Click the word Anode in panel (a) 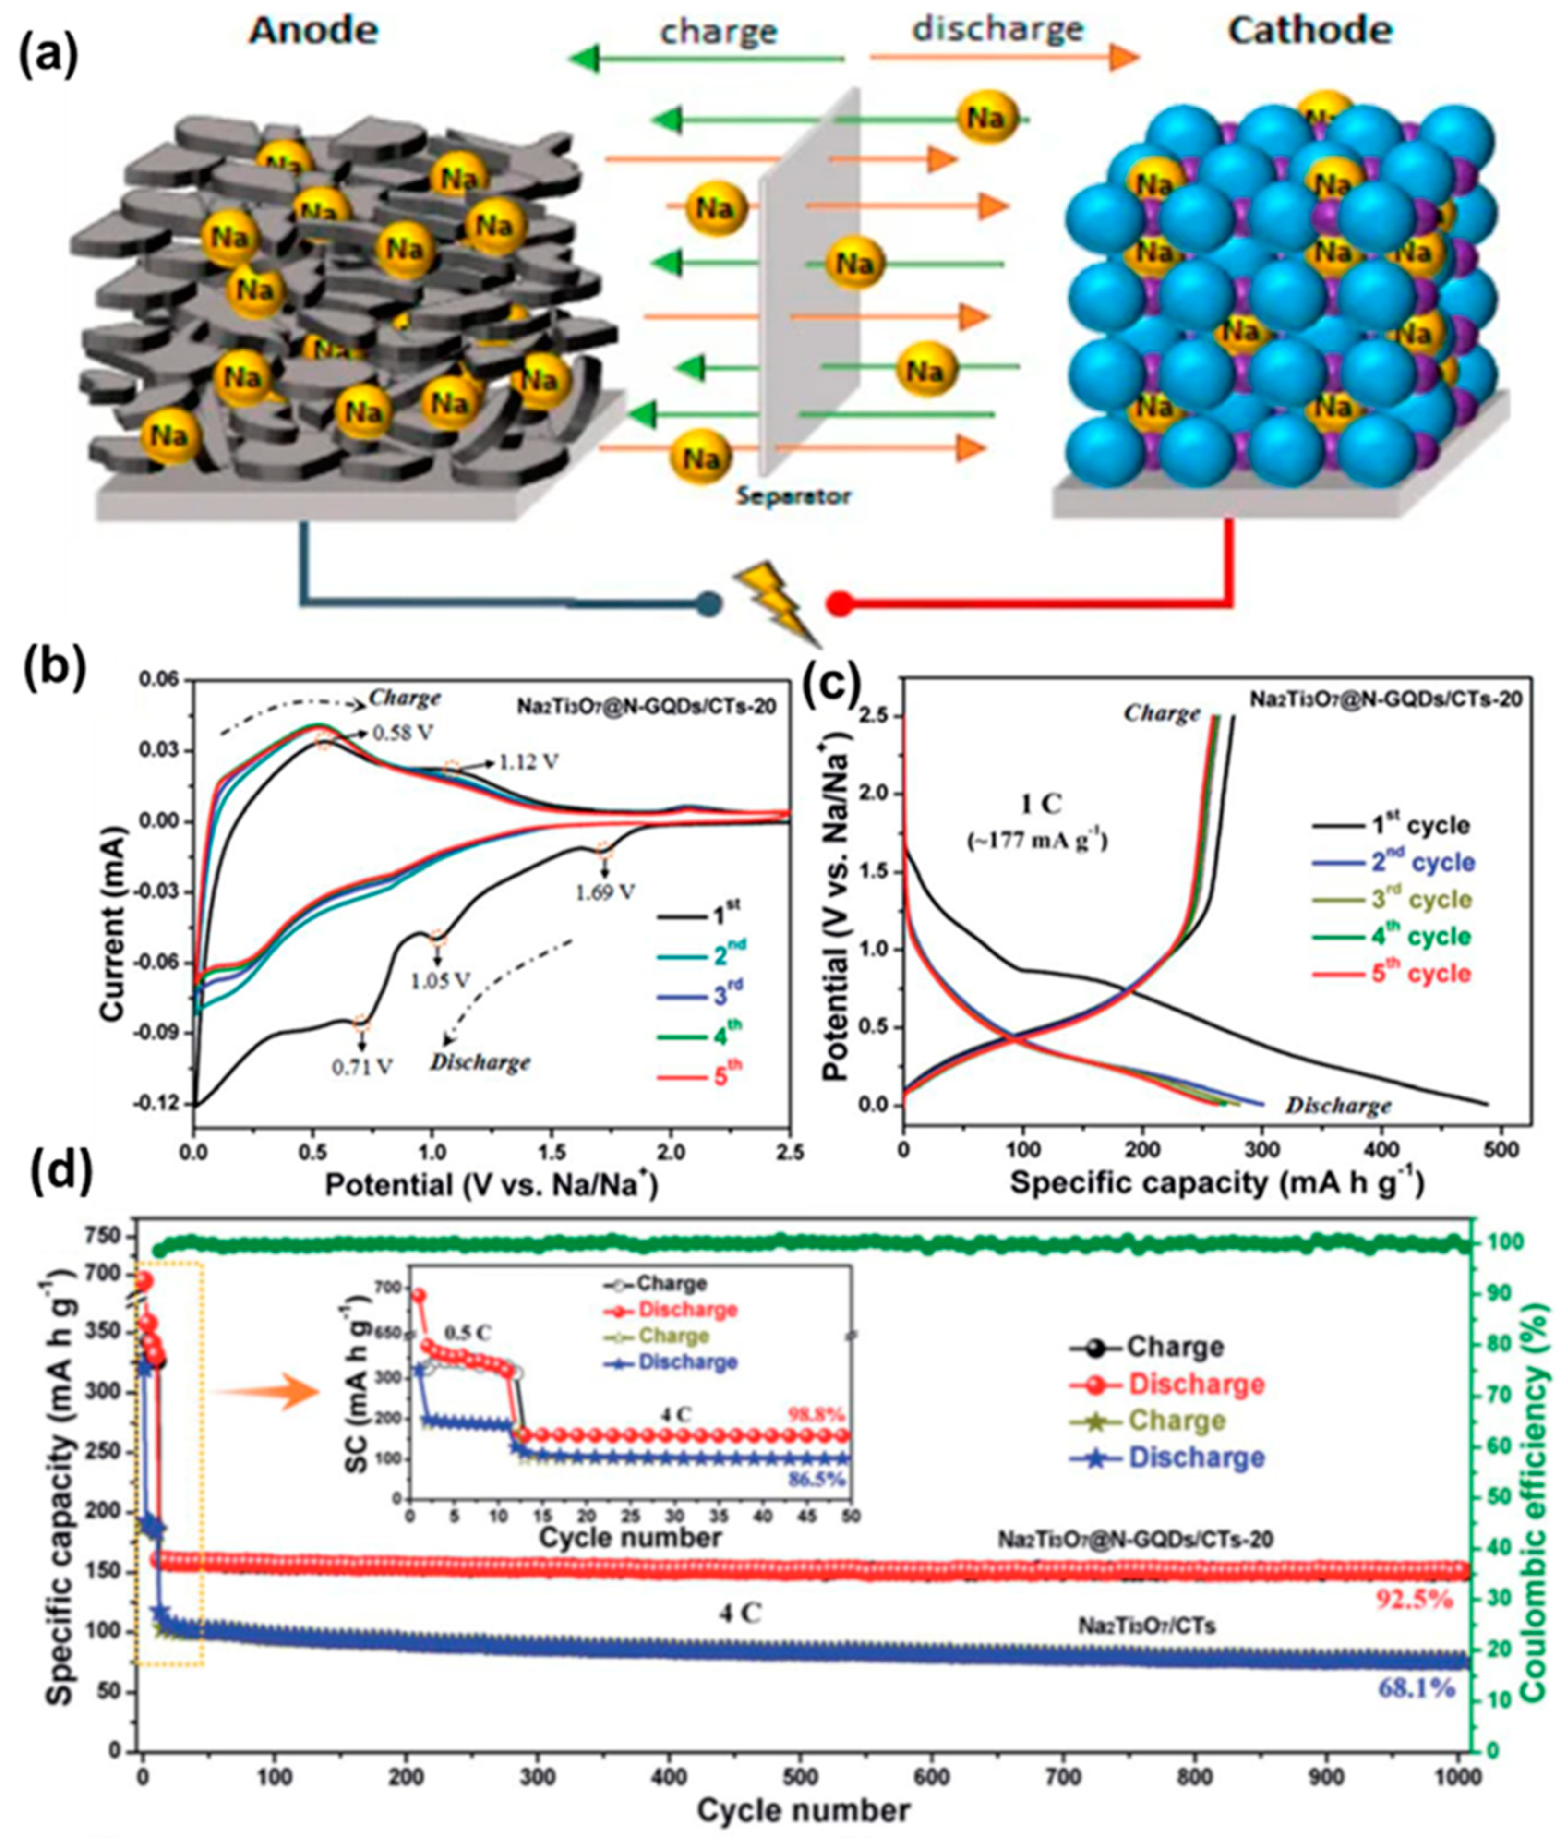[x=313, y=32]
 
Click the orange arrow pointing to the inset [x=265, y=1392]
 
